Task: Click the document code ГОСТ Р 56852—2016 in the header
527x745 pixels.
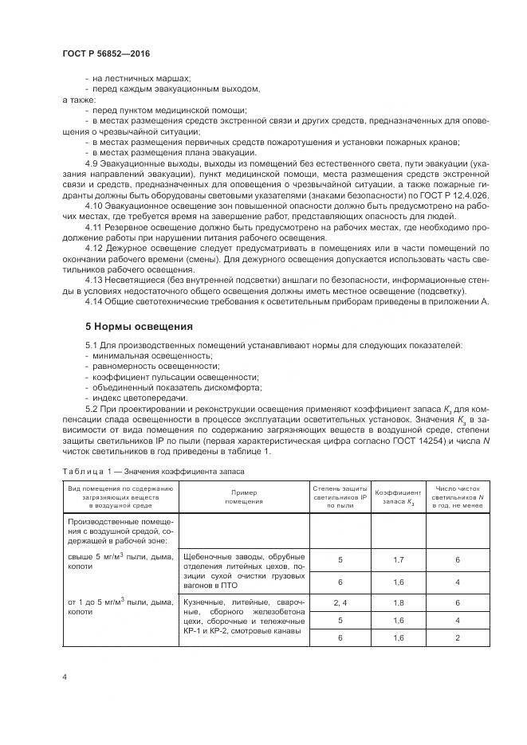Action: (x=106, y=53)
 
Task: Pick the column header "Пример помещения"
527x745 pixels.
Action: (x=243, y=497)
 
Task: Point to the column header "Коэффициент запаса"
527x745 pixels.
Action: (x=399, y=497)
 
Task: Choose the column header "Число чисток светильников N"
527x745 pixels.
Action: (x=457, y=497)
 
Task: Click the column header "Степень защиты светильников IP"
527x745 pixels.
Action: (x=339, y=497)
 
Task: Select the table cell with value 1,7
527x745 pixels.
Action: (x=399, y=560)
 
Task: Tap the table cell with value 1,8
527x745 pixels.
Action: (x=399, y=603)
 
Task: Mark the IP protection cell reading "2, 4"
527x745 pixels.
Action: (x=340, y=603)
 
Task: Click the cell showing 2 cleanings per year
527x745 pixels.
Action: (x=458, y=638)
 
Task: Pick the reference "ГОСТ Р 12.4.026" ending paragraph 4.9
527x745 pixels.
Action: (x=452, y=195)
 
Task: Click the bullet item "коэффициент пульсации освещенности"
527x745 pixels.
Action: (x=176, y=375)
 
